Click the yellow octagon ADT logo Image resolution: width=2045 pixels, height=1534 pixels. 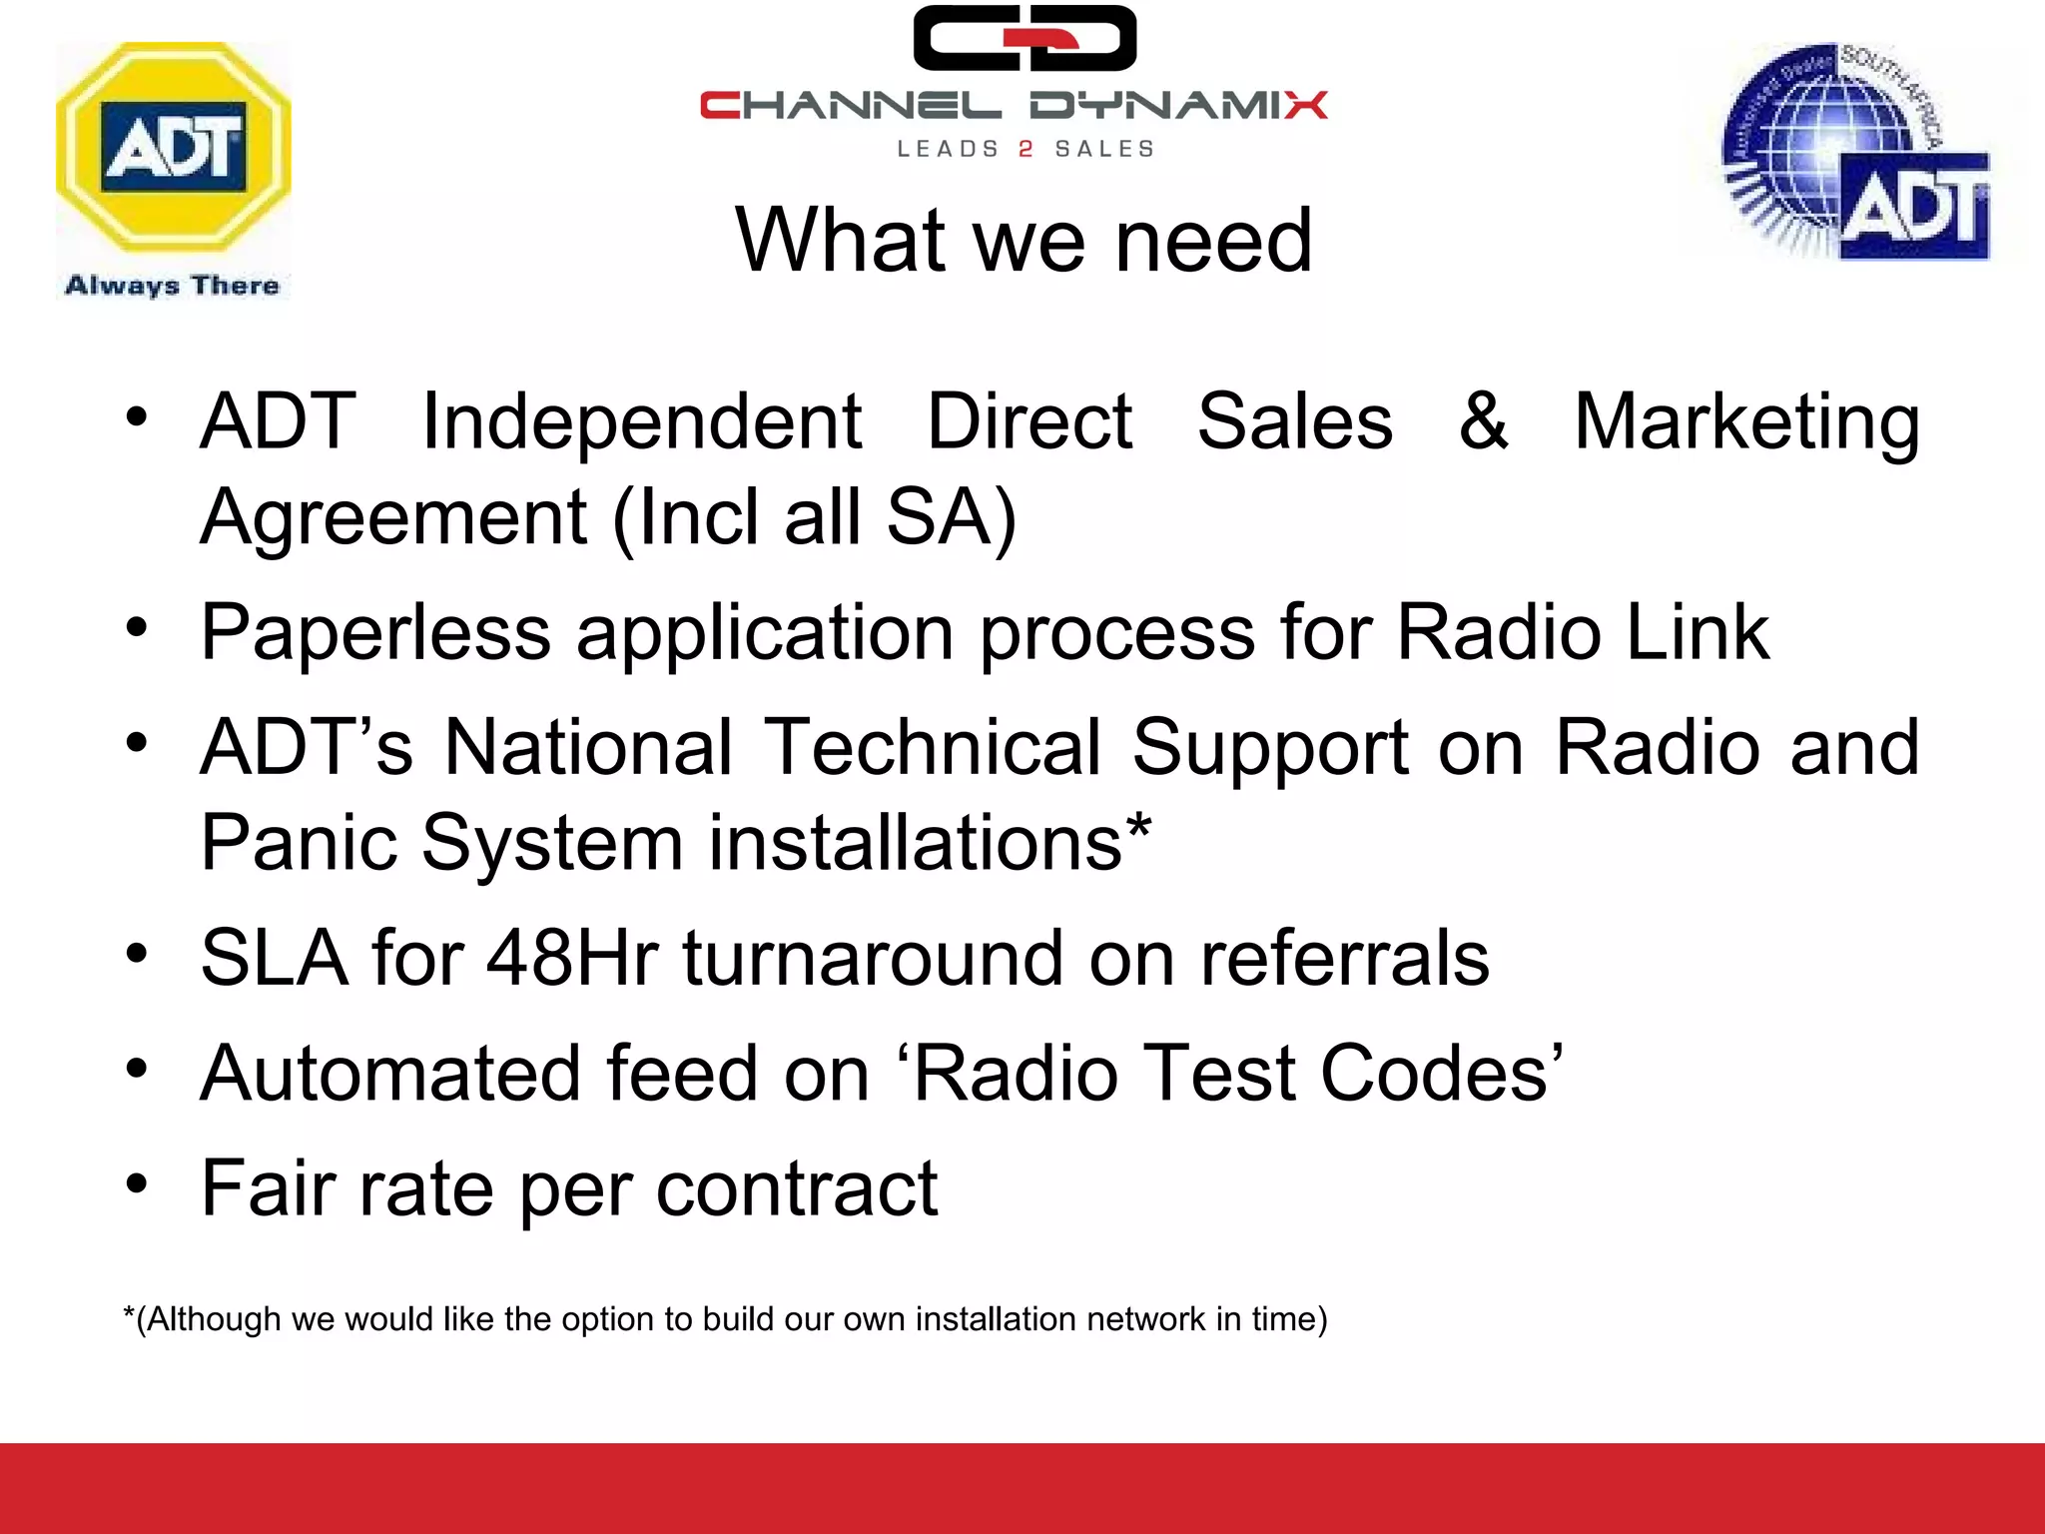[x=174, y=148]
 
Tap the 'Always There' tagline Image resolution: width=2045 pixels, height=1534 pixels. [x=172, y=286]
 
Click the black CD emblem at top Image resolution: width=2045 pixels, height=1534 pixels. [x=1024, y=38]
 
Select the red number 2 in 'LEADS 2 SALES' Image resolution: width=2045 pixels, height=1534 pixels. [x=1025, y=150]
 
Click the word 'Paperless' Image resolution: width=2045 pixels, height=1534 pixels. [x=375, y=633]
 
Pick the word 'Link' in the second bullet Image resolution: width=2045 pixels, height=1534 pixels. [x=1698, y=632]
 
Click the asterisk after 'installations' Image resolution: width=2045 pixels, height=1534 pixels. [x=1138, y=828]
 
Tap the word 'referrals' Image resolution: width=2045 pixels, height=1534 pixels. [x=1344, y=958]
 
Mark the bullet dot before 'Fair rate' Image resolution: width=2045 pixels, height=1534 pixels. [x=137, y=1184]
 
